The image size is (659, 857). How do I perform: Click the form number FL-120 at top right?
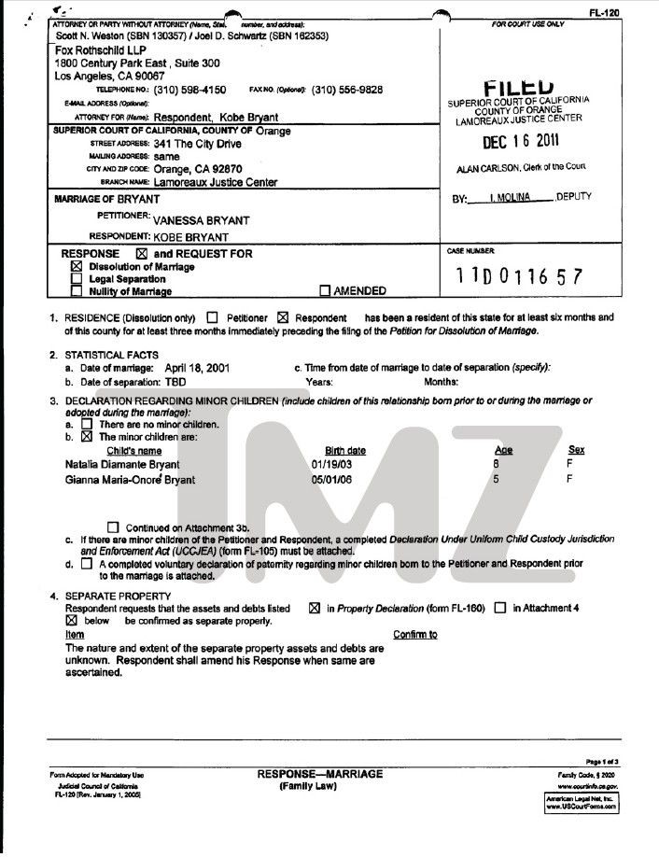(x=603, y=12)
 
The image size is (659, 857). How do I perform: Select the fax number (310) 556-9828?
(x=347, y=90)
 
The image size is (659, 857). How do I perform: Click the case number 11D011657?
(x=519, y=277)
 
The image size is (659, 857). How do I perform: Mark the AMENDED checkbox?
(x=326, y=290)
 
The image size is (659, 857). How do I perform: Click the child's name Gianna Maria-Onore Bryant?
(x=130, y=480)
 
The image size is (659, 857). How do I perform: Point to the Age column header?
(x=503, y=450)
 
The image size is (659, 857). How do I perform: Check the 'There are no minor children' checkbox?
(x=87, y=425)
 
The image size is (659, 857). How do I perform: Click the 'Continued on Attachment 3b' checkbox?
(x=114, y=527)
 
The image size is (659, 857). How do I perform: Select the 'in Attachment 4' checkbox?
(x=500, y=608)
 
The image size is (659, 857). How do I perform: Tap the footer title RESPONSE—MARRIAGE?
(x=319, y=774)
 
